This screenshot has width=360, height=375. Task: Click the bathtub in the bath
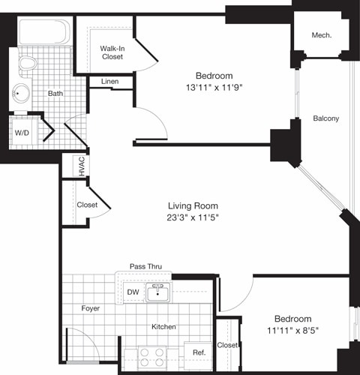point(43,33)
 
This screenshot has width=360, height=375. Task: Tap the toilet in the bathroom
point(28,62)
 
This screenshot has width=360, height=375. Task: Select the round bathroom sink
point(21,94)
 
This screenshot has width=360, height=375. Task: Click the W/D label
point(22,133)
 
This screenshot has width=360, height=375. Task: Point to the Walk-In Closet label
point(112,52)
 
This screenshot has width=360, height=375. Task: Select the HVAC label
point(79,166)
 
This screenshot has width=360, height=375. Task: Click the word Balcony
point(325,118)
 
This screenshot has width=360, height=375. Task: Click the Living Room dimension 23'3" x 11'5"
point(192,217)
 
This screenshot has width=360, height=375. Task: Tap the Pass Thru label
point(145,266)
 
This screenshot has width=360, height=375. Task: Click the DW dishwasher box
point(132,292)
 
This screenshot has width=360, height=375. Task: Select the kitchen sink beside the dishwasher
point(158,292)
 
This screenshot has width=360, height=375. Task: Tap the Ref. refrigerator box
point(199,352)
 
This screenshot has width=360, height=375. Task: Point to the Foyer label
point(90,308)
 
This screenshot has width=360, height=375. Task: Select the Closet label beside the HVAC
point(87,205)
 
